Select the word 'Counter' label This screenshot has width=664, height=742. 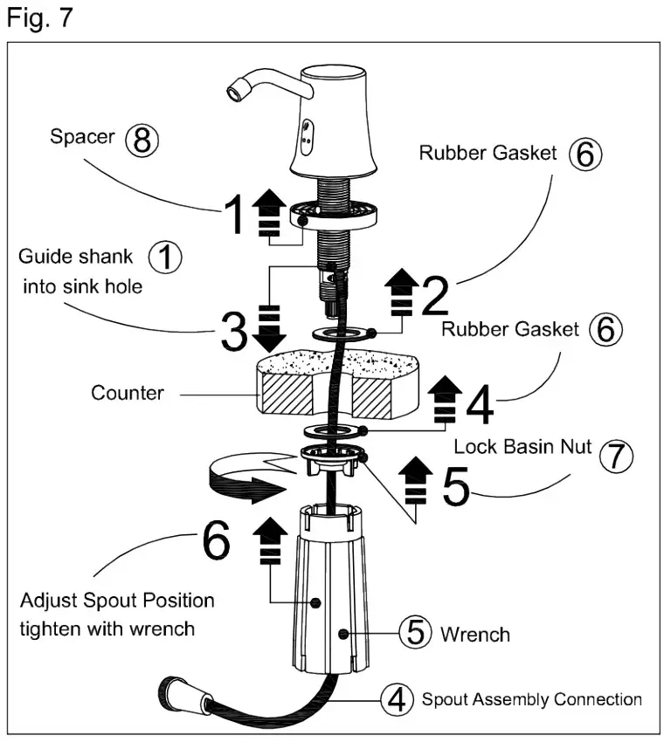pos(127,393)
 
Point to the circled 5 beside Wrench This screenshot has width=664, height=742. pos(417,631)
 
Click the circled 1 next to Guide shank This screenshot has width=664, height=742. pos(165,258)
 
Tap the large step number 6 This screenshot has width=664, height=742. pos(217,542)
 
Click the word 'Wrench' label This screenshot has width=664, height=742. pos(475,633)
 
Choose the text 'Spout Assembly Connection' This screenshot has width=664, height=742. pos(531,699)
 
